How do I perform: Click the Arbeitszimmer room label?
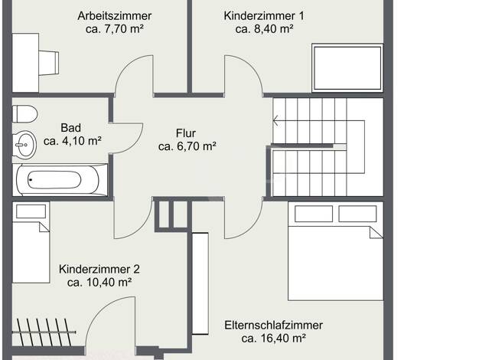click(115, 16)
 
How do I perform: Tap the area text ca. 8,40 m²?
click(265, 29)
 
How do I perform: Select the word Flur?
click(186, 133)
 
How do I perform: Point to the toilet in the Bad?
click(24, 114)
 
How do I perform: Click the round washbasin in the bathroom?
click(24, 145)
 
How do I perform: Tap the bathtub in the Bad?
click(60, 180)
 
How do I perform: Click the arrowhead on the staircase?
click(275, 121)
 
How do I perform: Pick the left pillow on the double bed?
click(314, 214)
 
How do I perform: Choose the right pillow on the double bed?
click(357, 214)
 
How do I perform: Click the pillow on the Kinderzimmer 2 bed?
click(31, 211)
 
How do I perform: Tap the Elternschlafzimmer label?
click(273, 325)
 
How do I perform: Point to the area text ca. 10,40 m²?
click(99, 283)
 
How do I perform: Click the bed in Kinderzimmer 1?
click(347, 68)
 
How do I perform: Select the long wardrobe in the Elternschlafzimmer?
click(200, 283)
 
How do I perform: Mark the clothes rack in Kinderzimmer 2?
click(44, 332)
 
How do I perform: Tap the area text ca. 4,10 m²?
click(73, 141)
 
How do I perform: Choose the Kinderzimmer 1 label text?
click(264, 16)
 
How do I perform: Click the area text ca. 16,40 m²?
click(274, 339)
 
